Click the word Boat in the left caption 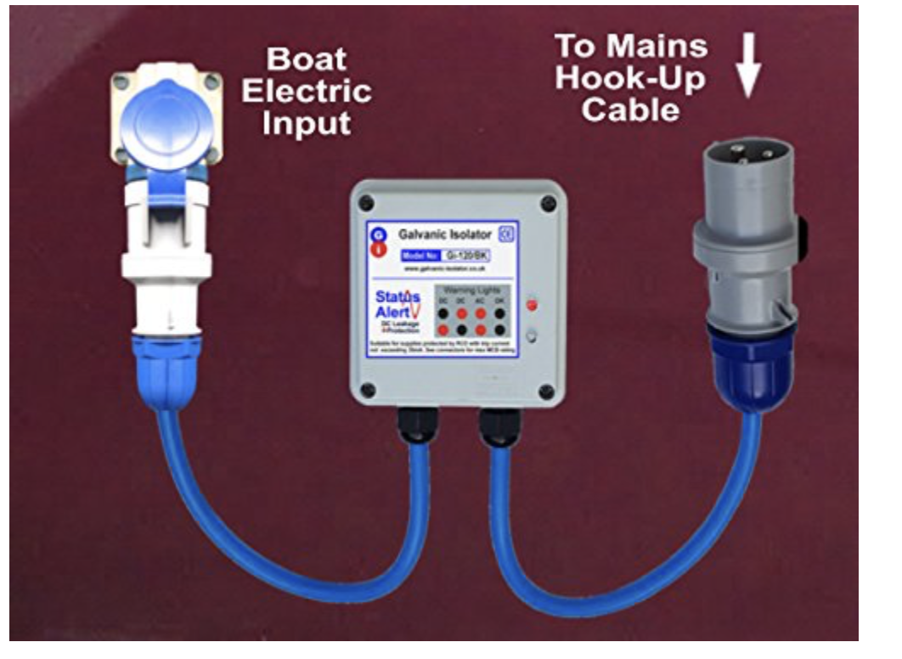306,59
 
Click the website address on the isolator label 445,268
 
